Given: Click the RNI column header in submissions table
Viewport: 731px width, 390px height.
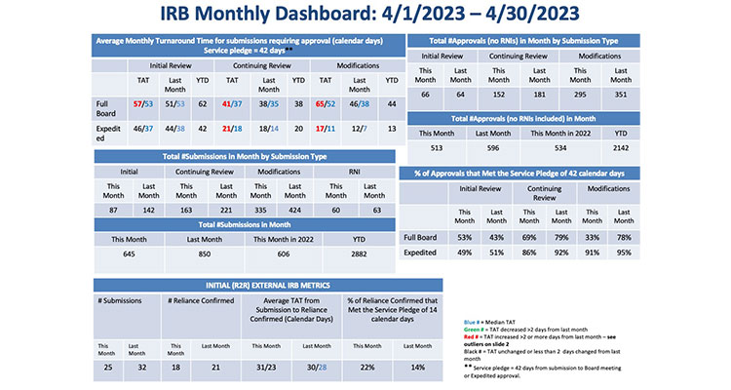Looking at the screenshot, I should pyautogui.click(x=355, y=171).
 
